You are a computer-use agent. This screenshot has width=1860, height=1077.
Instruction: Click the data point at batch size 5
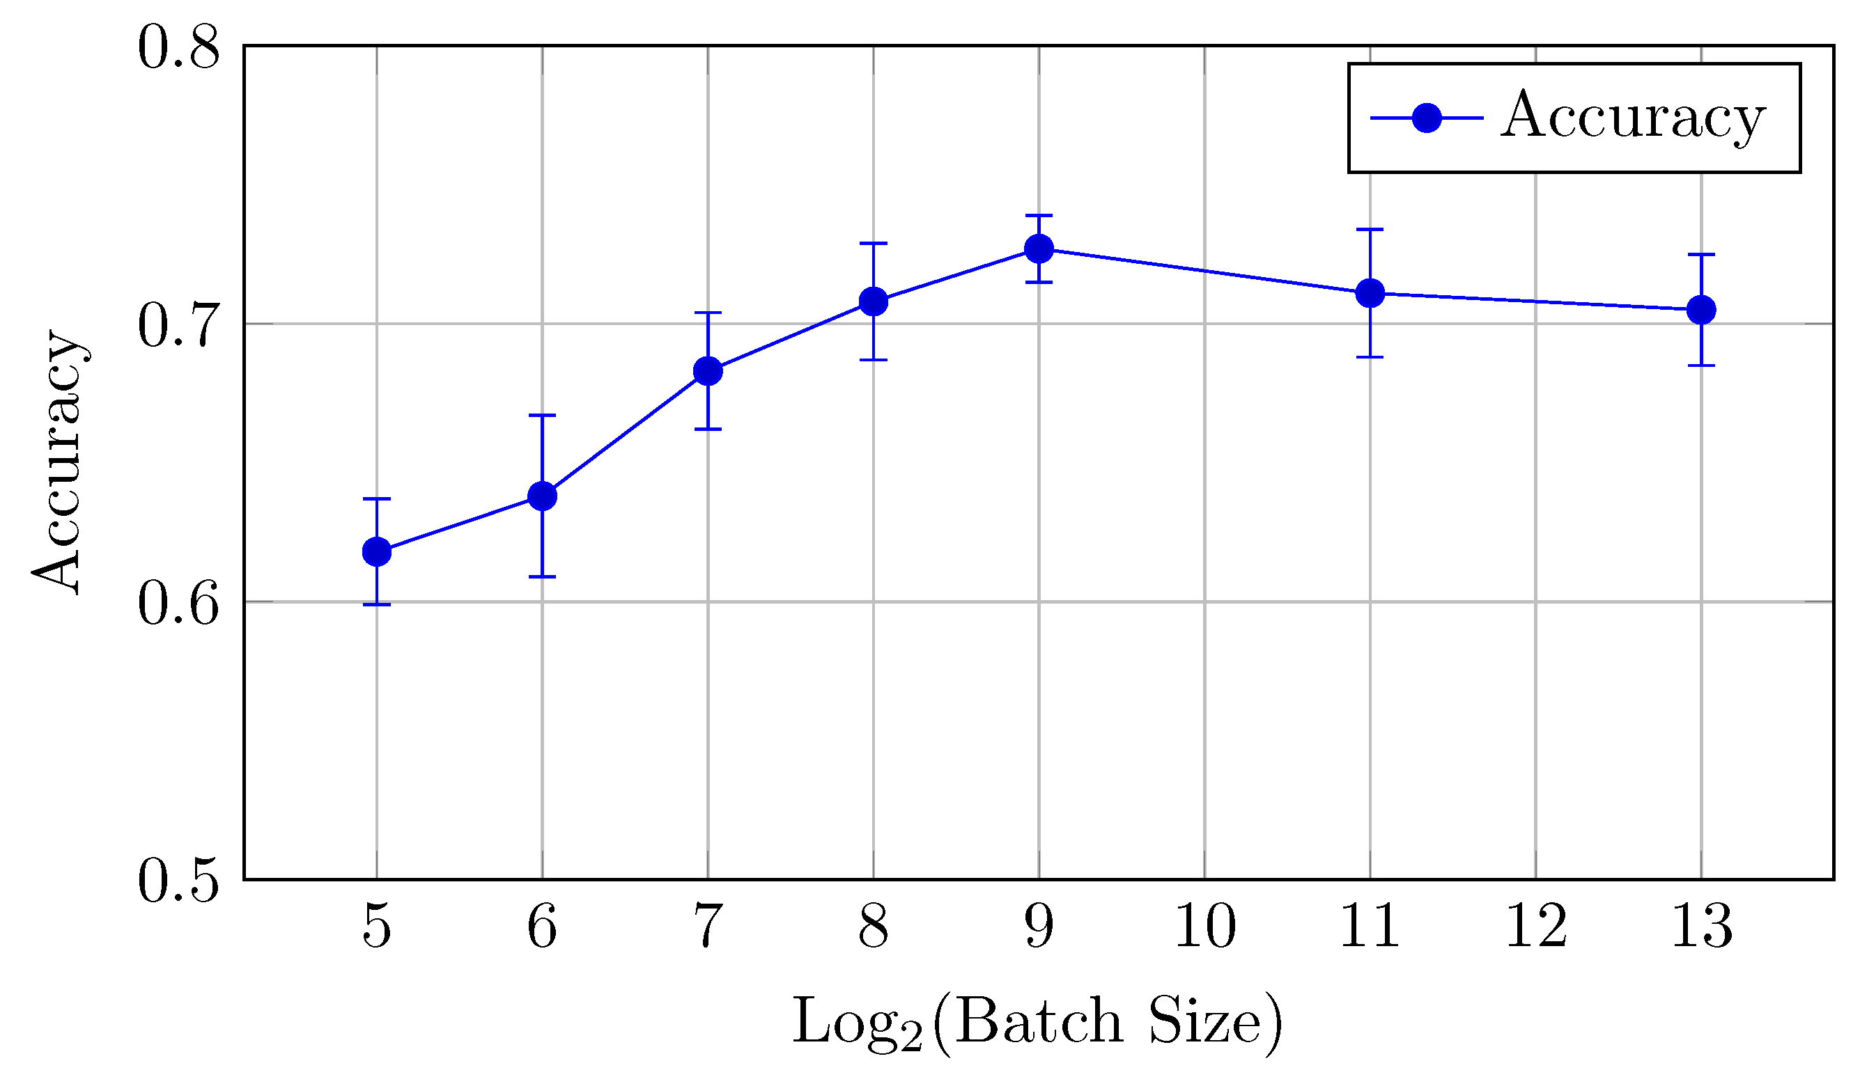click(377, 552)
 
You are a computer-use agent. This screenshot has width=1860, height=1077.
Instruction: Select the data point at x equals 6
click(543, 496)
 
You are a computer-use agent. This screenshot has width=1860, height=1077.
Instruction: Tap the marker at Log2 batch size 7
click(708, 371)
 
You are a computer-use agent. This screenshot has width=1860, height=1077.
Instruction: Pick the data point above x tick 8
click(873, 301)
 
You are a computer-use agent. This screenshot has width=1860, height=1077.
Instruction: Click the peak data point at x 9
click(1039, 249)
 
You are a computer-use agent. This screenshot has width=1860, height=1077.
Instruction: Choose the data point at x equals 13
click(1701, 310)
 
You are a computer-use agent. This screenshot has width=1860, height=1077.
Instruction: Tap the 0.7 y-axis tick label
click(178, 324)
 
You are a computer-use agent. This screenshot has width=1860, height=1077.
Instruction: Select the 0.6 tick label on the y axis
click(178, 603)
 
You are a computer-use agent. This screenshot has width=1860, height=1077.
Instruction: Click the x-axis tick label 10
click(1204, 927)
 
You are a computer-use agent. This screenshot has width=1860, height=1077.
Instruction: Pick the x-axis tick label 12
click(1536, 927)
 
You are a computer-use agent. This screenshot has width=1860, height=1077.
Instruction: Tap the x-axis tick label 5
click(377, 927)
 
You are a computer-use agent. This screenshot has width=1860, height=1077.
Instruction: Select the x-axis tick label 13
click(1701, 927)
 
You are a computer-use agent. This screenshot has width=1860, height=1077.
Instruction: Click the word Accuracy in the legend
click(1633, 116)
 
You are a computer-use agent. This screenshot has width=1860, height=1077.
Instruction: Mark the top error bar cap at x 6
click(543, 416)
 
